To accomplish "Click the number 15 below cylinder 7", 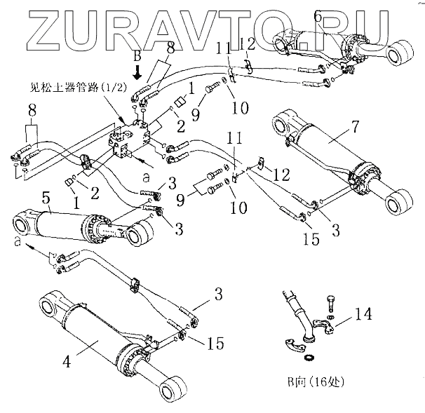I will click(311, 239).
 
